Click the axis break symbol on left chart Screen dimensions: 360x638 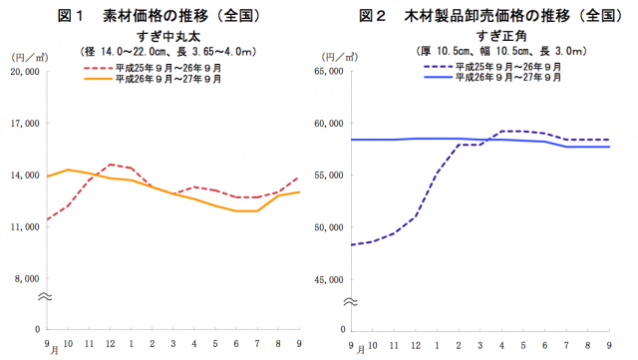tap(45, 297)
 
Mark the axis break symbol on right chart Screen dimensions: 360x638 tap(350, 299)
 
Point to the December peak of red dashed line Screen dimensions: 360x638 tap(111, 165)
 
